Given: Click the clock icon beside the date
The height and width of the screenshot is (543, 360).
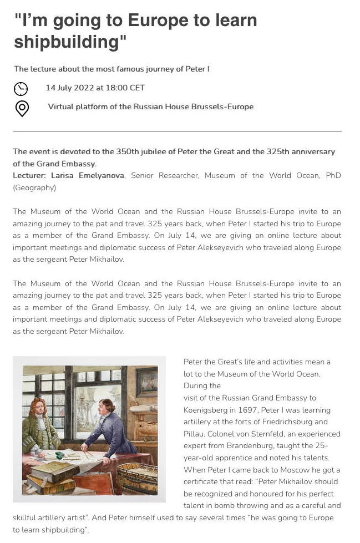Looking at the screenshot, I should (x=21, y=89).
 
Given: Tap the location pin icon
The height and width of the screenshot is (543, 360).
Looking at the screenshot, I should (x=22, y=108).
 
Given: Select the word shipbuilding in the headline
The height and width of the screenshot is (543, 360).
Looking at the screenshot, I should (x=66, y=42).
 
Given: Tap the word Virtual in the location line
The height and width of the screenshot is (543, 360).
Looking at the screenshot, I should (x=61, y=106).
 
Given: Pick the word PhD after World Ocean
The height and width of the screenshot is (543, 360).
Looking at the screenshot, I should (x=333, y=175).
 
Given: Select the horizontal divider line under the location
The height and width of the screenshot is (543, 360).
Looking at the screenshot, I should (x=177, y=131).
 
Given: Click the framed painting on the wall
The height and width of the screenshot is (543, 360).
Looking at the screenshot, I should (x=147, y=383).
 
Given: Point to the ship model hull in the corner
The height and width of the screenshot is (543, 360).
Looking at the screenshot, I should (x=141, y=472).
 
